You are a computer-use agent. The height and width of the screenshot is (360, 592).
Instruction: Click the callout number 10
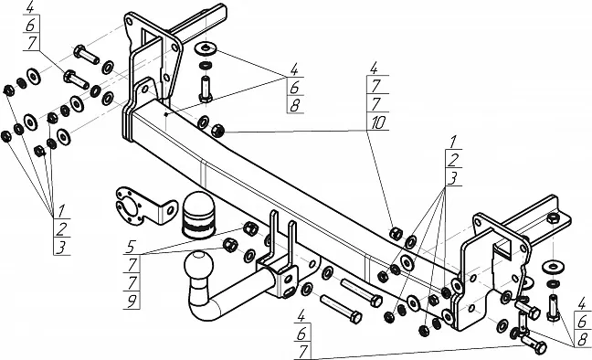378,122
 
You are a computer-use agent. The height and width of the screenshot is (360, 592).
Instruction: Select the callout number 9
132,302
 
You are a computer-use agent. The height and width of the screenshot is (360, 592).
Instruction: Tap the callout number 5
131,247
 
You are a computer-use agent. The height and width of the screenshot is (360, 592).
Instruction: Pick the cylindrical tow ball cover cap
198,216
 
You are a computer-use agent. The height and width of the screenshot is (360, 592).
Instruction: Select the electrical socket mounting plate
145,205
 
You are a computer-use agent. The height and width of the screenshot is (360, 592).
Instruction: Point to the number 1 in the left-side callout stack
61,210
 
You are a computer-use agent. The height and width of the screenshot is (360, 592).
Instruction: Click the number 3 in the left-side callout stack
61,248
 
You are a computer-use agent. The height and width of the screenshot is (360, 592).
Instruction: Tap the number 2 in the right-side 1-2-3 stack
453,160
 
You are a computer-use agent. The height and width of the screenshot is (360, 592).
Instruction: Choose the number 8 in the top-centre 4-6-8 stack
295,105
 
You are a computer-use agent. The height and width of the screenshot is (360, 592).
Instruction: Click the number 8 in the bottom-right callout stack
583,339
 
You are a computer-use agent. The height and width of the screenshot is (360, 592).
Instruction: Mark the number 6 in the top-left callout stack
30,26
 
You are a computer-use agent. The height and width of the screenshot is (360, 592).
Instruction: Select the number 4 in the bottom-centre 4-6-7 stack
301,316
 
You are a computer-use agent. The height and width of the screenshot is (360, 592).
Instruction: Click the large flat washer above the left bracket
205,48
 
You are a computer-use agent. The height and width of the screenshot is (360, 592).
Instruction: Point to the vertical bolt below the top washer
206,89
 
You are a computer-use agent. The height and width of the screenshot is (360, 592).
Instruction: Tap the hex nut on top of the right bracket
553,218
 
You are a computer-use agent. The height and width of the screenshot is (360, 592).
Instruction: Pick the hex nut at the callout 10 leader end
218,131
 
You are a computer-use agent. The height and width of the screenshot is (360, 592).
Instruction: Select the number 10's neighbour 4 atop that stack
374,69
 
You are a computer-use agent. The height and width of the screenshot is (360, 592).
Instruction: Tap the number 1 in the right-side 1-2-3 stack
453,142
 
